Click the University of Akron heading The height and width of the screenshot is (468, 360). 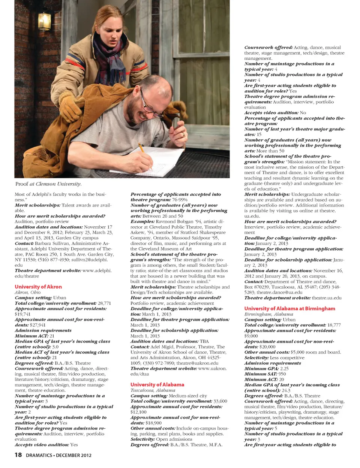[38, 287]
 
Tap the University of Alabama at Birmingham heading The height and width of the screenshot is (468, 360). [289, 308]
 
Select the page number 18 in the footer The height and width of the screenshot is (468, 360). [18, 455]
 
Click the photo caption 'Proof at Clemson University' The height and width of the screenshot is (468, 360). [48, 184]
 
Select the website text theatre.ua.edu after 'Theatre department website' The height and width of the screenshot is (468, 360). [327, 298]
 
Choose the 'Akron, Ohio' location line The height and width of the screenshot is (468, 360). [28, 292]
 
